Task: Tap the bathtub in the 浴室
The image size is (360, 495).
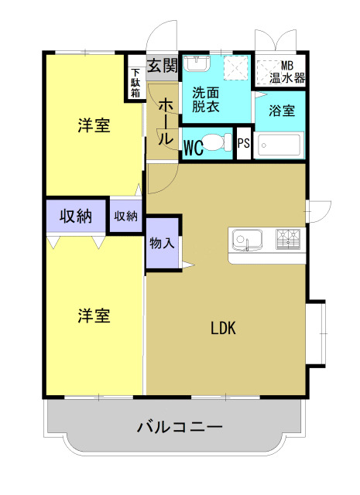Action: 279,145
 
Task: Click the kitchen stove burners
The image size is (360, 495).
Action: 287,239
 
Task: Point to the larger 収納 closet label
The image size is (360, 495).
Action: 76,217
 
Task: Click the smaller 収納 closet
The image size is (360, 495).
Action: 125,217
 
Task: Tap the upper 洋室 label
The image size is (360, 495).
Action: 94,126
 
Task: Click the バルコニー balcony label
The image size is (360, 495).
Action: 180,427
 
